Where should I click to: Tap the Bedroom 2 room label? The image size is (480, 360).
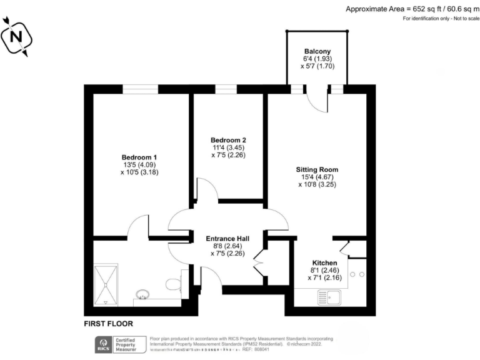tap(227, 139)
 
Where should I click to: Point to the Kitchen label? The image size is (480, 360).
tap(325, 262)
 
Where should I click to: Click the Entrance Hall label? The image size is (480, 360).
tap(227, 239)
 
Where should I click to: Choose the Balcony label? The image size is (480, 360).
tap(317, 51)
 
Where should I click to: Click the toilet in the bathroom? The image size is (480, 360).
tap(174, 284)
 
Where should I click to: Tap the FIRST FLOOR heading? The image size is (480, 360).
tap(108, 324)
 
